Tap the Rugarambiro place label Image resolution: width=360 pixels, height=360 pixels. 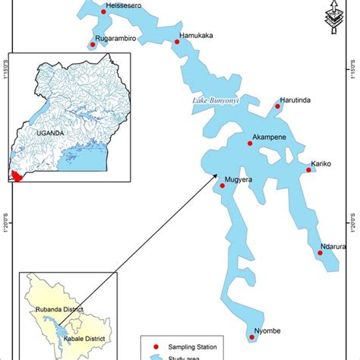tap(113, 36)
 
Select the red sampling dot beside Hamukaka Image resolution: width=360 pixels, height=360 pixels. tap(177, 43)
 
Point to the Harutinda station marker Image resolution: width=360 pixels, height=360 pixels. tap(278, 106)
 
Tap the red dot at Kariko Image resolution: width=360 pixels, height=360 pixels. tap(308, 170)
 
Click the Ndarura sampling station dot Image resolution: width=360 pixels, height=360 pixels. tap(320, 253)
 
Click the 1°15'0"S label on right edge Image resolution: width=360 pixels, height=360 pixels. tap(354, 76)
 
